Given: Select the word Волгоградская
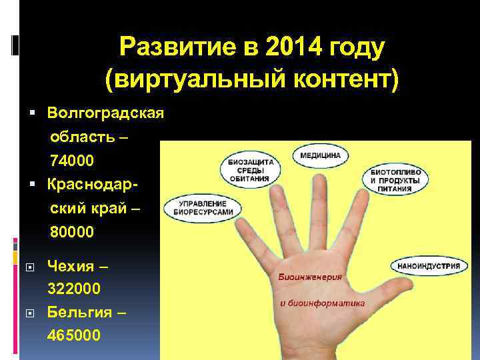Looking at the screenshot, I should pyautogui.click(x=106, y=112).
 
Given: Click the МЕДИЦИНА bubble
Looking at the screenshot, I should pyautogui.click(x=320, y=155).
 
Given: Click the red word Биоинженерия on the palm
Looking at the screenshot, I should pyautogui.click(x=310, y=277).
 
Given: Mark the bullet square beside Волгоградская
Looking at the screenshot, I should pyautogui.click(x=33, y=112).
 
